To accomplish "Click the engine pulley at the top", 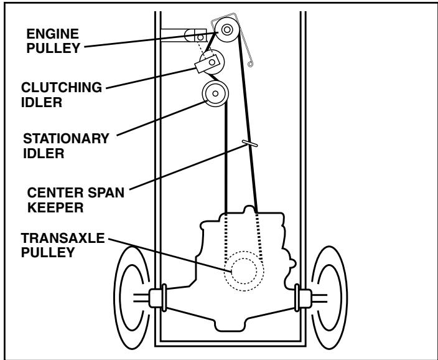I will point(226,29).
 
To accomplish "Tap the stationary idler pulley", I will point(215,94).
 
